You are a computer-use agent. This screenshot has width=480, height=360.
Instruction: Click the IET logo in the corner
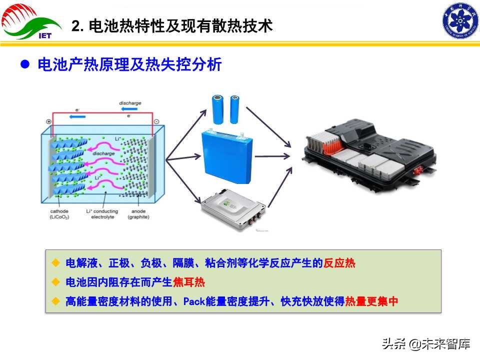tap(31, 22)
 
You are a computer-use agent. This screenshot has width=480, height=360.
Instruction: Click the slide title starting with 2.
tap(172, 26)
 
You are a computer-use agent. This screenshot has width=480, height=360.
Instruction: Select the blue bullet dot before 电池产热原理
tap(24, 65)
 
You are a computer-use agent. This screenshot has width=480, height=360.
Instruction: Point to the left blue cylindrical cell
tap(218, 109)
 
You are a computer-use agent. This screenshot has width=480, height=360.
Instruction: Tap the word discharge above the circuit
tap(130, 103)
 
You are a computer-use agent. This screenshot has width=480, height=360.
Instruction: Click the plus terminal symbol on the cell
tap(48, 121)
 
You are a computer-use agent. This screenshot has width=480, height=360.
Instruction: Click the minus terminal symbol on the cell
tap(156, 121)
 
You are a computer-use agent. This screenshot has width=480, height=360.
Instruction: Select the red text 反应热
tap(339, 263)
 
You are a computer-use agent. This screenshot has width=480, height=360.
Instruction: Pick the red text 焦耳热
tap(189, 282)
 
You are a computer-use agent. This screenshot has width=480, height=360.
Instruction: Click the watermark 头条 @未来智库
tap(426, 344)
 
